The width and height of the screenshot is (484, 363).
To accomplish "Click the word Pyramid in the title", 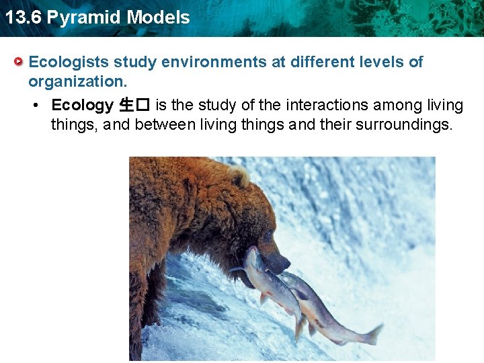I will [x=81, y=17].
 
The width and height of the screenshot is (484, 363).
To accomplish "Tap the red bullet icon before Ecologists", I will [x=19, y=63].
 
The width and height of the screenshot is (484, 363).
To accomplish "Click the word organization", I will [x=77, y=81].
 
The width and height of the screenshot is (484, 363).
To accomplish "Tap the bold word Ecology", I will [x=83, y=106].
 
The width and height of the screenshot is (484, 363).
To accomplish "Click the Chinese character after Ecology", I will [x=126, y=106].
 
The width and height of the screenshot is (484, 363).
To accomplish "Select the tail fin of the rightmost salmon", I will [x=372, y=334].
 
